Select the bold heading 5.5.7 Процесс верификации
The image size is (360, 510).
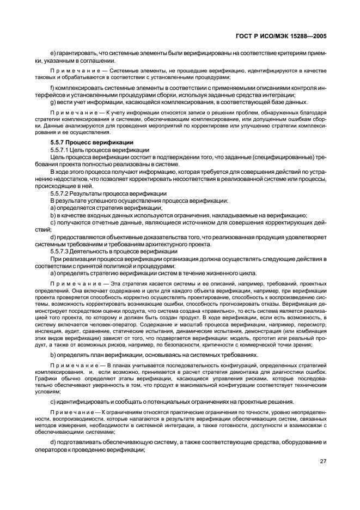coord(91,143)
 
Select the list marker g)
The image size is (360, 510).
coord(53,102)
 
